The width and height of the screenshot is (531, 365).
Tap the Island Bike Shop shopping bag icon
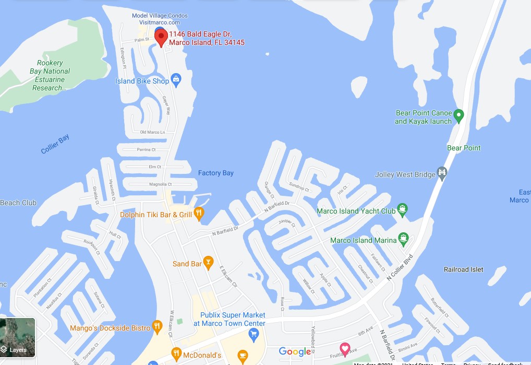[176, 80]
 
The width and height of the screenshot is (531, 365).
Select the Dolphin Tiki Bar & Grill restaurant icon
[198, 213]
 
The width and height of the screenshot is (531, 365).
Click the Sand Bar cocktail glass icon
[208, 263]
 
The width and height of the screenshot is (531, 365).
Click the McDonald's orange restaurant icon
[176, 355]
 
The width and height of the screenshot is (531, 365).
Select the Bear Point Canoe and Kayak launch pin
[458, 115]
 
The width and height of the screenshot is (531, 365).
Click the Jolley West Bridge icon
[442, 172]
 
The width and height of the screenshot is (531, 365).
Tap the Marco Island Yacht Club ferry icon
[402, 210]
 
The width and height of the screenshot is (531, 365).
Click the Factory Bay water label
[215, 173]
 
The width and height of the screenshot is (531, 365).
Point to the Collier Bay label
[55, 144]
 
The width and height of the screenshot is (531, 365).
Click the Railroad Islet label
[463, 269]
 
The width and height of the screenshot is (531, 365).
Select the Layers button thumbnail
[18, 337]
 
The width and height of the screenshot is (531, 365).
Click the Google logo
[295, 351]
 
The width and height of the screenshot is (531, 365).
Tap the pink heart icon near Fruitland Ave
[344, 348]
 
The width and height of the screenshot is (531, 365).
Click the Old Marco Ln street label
[152, 132]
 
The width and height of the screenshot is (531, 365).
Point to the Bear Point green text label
[464, 148]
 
